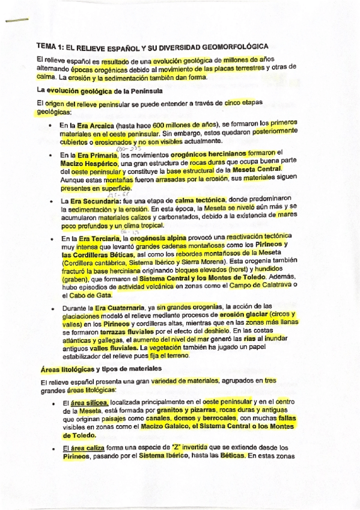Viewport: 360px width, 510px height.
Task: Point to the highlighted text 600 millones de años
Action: (179, 124)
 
